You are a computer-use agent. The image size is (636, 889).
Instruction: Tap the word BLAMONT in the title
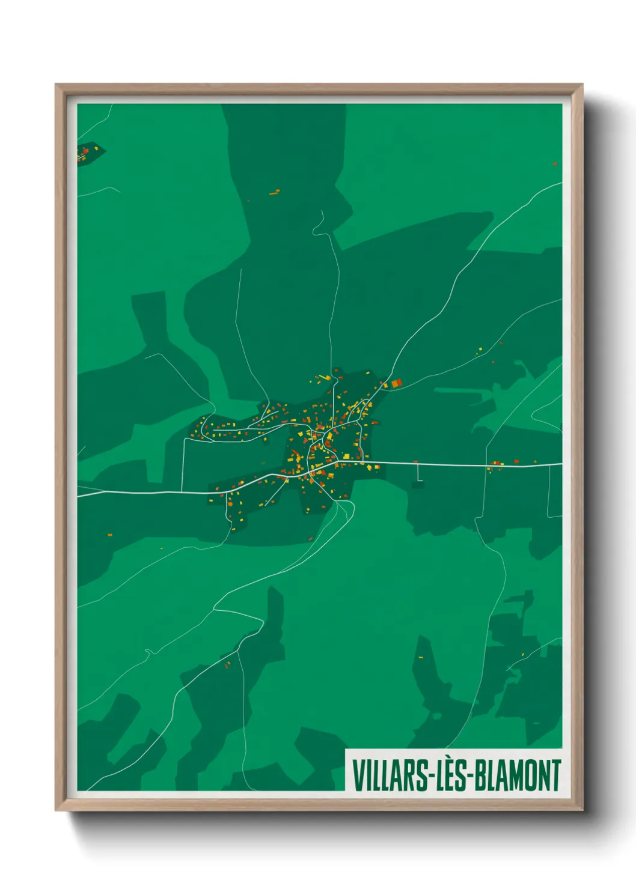click(x=518, y=775)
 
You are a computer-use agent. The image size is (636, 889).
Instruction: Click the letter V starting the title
click(x=358, y=775)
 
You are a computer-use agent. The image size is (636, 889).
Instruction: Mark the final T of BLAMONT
click(x=555, y=775)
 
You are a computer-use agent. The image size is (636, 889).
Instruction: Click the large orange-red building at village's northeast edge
click(x=396, y=383)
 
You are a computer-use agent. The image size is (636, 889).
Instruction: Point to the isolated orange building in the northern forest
click(x=275, y=192)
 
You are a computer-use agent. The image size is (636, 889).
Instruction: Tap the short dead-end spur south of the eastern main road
click(x=418, y=474)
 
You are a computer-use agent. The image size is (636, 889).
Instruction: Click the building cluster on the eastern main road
click(x=497, y=464)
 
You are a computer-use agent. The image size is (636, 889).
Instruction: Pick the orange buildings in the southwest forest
click(x=227, y=664)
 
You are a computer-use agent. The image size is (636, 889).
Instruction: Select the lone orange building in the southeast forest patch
click(x=421, y=657)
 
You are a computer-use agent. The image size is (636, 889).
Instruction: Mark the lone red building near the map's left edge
click(x=109, y=534)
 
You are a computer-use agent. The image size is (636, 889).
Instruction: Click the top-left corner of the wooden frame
click(x=57, y=85)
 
